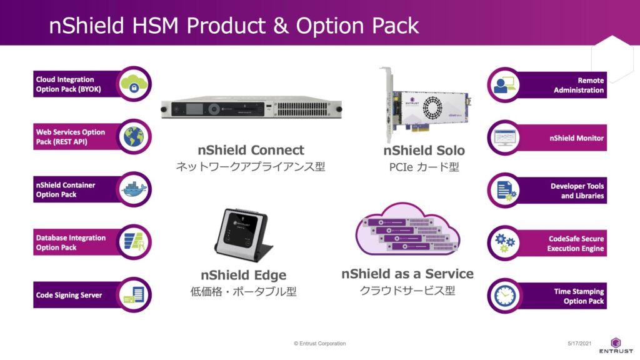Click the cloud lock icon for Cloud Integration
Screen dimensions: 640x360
pyautogui.click(x=134, y=83)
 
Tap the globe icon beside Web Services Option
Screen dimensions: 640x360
pyautogui.click(x=134, y=136)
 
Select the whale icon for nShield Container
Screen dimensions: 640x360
pyautogui.click(x=134, y=189)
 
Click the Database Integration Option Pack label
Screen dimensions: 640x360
pyautogui.click(x=71, y=242)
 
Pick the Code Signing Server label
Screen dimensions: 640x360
pyautogui.click(x=69, y=295)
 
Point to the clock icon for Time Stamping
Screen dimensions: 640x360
pyautogui.click(x=505, y=296)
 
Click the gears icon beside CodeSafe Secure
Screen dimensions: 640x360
pyautogui.click(x=505, y=243)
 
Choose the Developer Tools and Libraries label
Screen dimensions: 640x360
pyautogui.click(x=577, y=191)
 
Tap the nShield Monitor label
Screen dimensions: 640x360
pyautogui.click(x=576, y=138)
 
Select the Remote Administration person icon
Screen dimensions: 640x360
pyautogui.click(x=505, y=85)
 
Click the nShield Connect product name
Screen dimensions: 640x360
pyautogui.click(x=251, y=150)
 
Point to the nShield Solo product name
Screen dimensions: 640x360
pyautogui.click(x=424, y=150)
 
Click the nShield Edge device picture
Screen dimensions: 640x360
pyautogui.click(x=243, y=235)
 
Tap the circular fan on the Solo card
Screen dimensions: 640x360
pyautogui.click(x=432, y=107)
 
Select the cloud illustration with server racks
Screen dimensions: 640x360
pyautogui.click(x=407, y=229)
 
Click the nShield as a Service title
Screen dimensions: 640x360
pyautogui.click(x=407, y=274)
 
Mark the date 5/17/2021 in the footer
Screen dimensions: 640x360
pyautogui.click(x=579, y=343)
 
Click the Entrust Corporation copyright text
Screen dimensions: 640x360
pyautogui.click(x=319, y=343)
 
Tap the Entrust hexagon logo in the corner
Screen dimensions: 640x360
pyautogui.click(x=616, y=342)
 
